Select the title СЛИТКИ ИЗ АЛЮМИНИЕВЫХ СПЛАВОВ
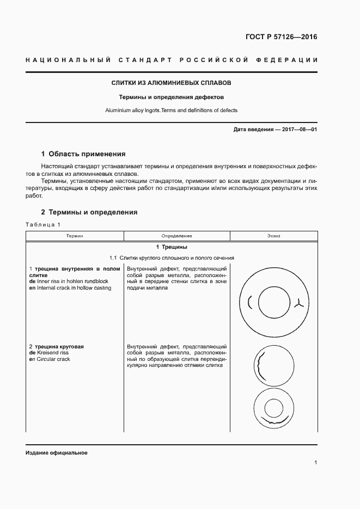pyautogui.click(x=172, y=84)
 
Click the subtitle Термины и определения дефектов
pyautogui.click(x=172, y=97)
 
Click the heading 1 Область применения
pyautogui.click(x=83, y=154)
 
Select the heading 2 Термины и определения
pyautogui.click(x=89, y=212)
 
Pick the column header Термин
pyautogui.click(x=75, y=236)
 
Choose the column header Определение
pyautogui.click(x=177, y=236)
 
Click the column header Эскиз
pyautogui.click(x=274, y=236)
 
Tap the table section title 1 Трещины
pyautogui.click(x=172, y=247)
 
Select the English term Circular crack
pyautogui.click(x=52, y=359)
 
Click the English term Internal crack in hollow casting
pyautogui.click(x=73, y=288)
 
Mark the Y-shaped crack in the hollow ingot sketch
pyautogui.click(x=298, y=303)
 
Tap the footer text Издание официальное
pyautogui.click(x=57, y=453)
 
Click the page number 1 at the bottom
pyautogui.click(x=316, y=463)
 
